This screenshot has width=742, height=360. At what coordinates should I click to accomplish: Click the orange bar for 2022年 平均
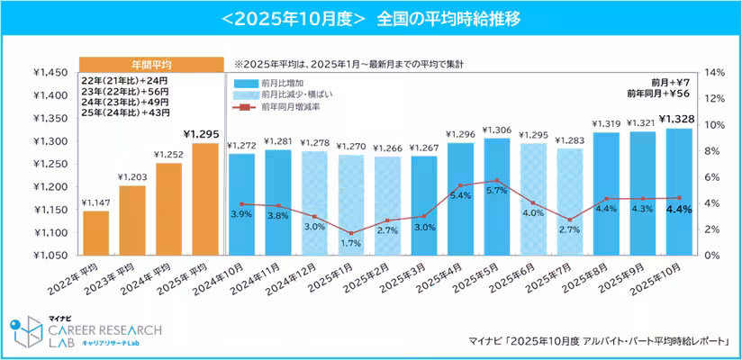click(96, 232)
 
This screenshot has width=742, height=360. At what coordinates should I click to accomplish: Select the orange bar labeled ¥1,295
click(205, 199)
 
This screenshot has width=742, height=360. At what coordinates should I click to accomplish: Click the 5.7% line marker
click(498, 181)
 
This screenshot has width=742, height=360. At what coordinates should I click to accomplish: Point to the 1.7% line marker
click(351, 233)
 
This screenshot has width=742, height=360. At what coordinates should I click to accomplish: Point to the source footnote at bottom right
click(599, 339)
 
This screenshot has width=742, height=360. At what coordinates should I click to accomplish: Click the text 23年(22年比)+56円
click(124, 91)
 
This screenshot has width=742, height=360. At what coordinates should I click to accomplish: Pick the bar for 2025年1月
click(351, 204)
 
